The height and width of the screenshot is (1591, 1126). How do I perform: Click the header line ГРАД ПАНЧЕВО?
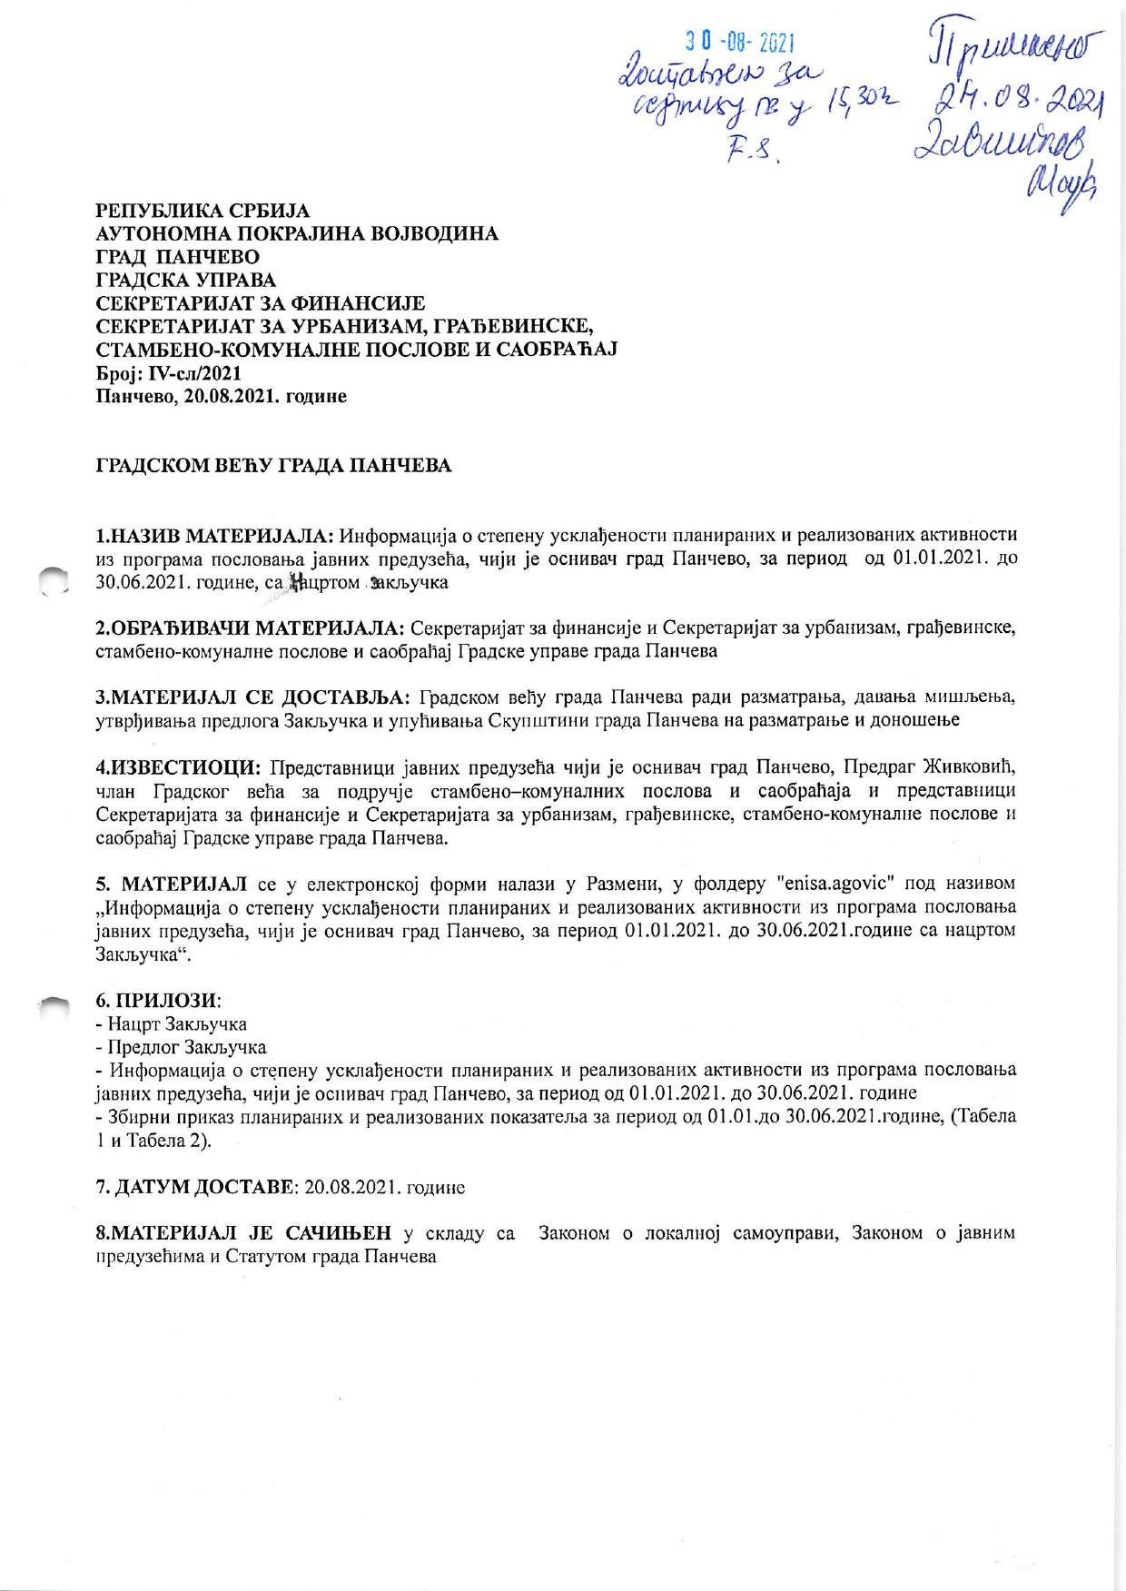(177, 258)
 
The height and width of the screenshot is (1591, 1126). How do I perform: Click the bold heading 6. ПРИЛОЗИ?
(157, 1001)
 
